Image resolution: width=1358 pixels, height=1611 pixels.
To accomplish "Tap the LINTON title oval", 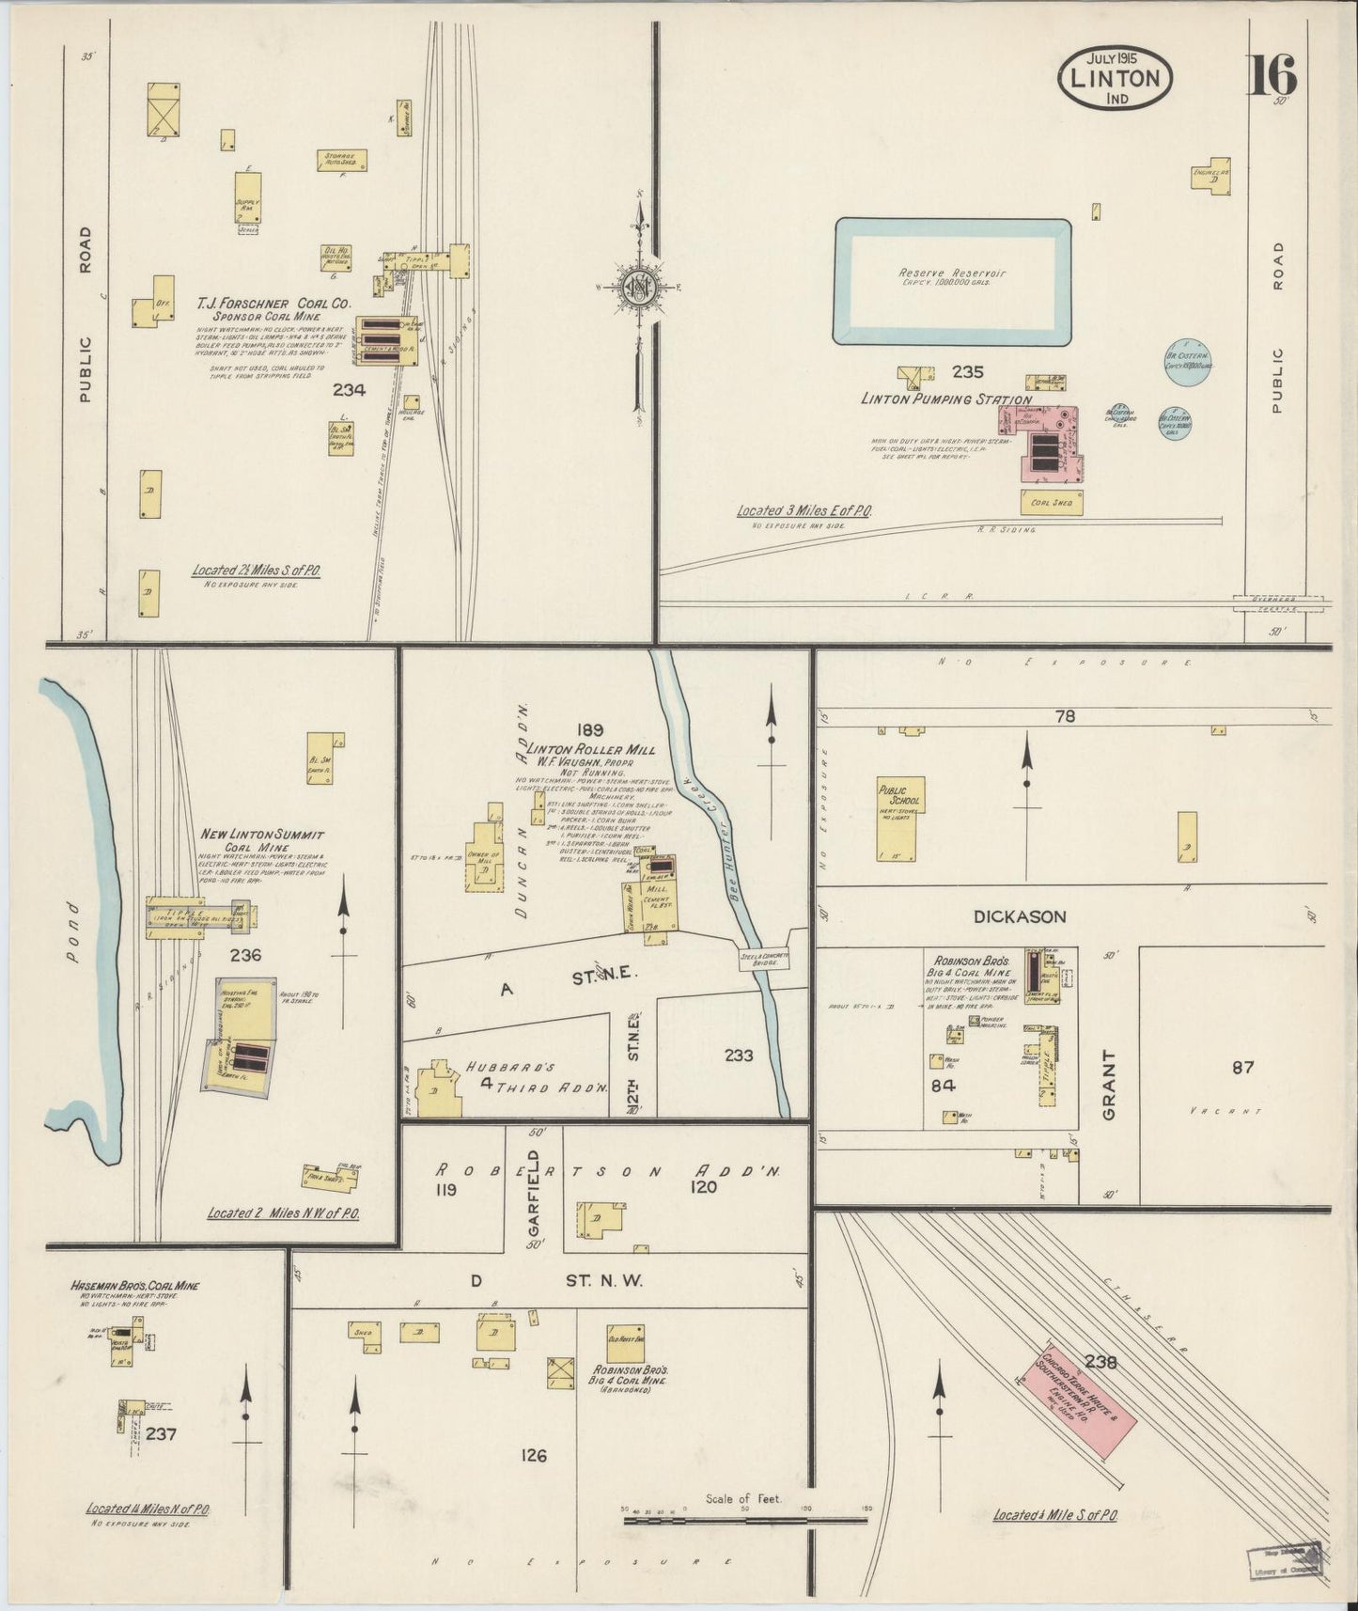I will pos(1116,78).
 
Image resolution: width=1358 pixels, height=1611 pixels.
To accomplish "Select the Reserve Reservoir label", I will pos(952,277).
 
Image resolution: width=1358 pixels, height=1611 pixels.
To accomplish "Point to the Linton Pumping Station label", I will pos(945,399).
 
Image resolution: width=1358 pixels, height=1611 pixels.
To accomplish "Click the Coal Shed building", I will pos(1052,503).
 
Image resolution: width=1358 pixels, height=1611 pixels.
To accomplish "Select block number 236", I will pos(244,955).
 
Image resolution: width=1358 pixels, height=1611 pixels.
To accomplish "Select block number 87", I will pos(1242,1067).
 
